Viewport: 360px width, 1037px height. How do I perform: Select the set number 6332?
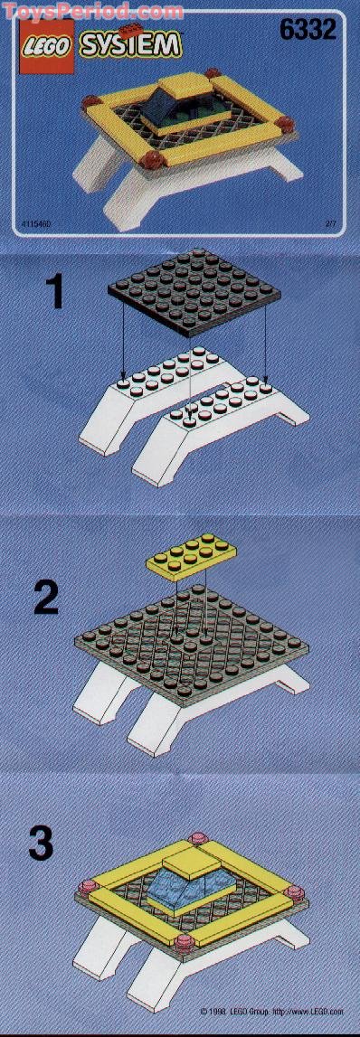coord(308,31)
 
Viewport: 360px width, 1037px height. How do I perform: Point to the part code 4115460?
coord(34,222)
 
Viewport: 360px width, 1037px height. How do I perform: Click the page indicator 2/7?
coord(330,222)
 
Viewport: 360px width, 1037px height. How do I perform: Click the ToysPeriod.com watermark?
coord(90,11)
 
